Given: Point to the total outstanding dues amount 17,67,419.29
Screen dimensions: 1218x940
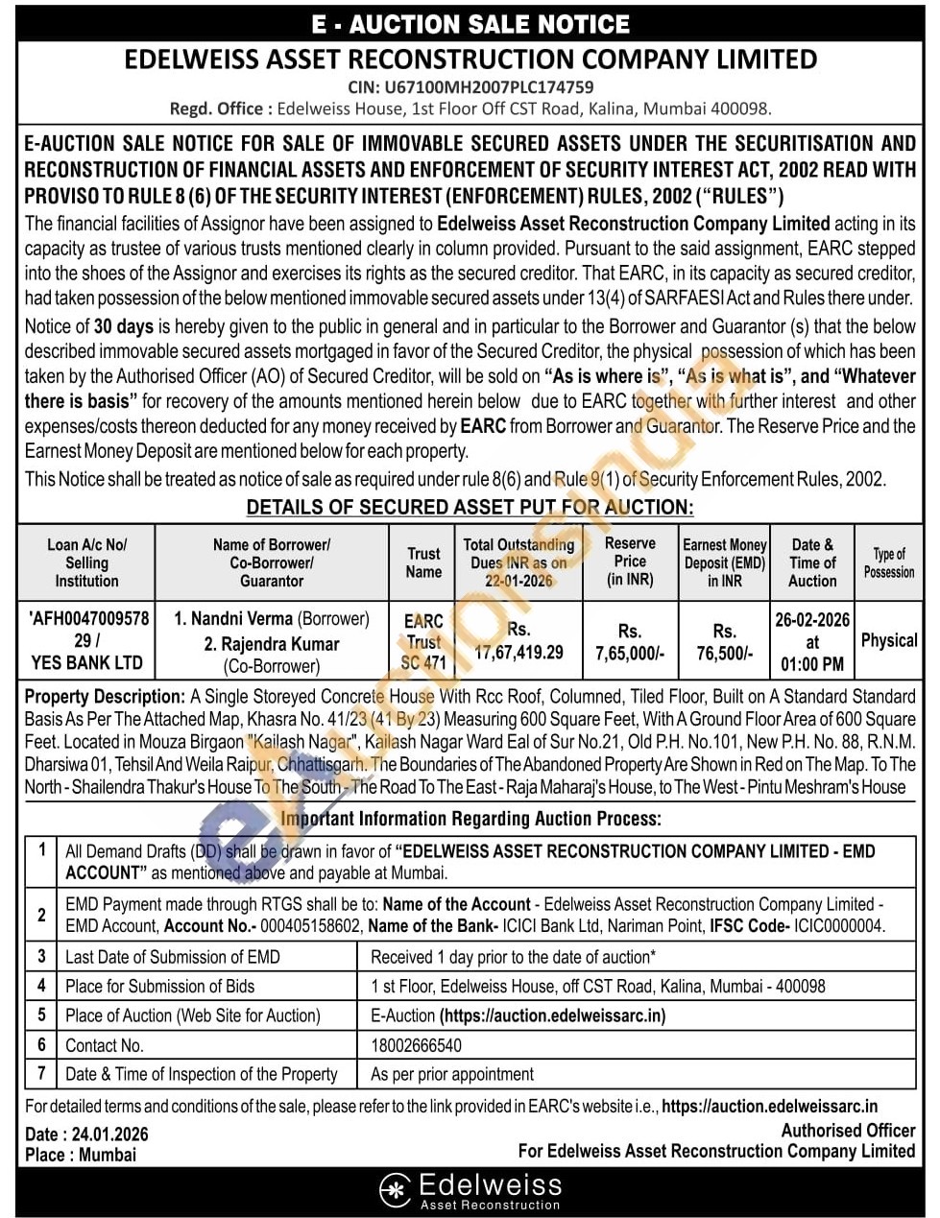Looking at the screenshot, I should click(519, 653).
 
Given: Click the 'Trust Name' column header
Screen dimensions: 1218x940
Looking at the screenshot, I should click(423, 562).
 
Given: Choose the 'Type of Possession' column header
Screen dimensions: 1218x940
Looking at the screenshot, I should click(888, 562).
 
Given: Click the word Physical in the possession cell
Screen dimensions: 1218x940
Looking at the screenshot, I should click(889, 640).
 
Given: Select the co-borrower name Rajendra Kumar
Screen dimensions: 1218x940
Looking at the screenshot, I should click(272, 644).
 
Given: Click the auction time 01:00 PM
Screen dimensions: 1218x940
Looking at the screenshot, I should click(812, 663).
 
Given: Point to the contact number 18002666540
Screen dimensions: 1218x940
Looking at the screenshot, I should click(416, 1045).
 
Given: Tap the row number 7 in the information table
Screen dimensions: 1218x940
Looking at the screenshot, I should click(41, 1073).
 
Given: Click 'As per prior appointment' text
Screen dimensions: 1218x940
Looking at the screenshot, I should click(452, 1074).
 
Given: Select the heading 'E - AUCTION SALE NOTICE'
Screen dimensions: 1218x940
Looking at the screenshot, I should click(470, 24).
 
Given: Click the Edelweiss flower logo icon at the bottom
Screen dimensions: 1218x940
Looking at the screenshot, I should click(395, 1189).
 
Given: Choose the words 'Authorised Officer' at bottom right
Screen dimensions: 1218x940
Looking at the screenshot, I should click(848, 1131).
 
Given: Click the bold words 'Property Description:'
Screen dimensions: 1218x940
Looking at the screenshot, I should click(105, 696).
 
